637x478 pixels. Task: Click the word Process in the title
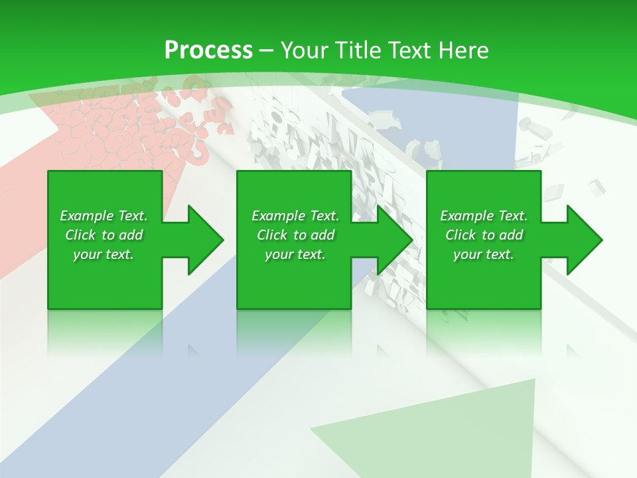pos(208,50)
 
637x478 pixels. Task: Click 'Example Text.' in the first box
pos(104,216)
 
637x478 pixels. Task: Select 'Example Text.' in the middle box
pos(295,216)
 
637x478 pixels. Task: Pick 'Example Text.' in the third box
pos(484,216)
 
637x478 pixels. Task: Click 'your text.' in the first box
pos(104,254)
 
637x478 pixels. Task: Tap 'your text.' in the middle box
pos(295,254)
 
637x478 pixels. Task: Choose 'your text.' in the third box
pos(484,254)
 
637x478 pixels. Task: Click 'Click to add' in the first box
pos(104,235)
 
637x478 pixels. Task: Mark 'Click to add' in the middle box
pos(295,235)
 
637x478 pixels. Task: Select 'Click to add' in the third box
pos(484,235)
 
